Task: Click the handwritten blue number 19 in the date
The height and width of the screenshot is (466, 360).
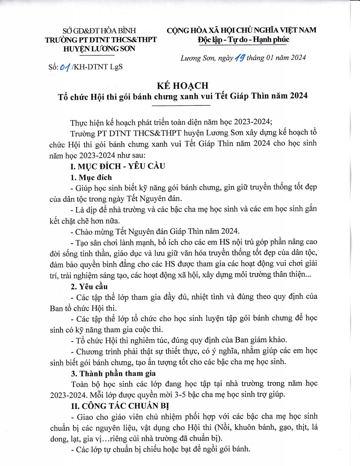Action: point(240,58)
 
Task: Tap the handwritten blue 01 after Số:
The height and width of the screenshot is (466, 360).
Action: point(65,67)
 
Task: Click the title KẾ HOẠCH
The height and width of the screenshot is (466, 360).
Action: point(182,86)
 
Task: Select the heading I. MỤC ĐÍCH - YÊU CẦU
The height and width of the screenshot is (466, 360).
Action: point(118,166)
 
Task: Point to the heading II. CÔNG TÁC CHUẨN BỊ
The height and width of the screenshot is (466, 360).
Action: point(120,406)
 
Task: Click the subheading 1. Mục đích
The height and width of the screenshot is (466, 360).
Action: point(91,177)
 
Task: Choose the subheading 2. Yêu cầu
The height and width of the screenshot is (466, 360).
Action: point(89,287)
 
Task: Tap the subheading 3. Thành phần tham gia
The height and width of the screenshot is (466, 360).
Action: point(113,373)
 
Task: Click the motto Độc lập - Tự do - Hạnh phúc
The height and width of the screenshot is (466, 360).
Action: point(243,40)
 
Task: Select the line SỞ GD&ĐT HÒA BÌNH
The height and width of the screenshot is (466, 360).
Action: point(99,31)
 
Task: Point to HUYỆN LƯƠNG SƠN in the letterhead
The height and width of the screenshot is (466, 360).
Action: point(99,49)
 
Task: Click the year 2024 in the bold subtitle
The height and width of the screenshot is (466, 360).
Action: point(298,96)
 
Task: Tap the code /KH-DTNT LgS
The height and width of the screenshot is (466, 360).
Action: point(97,67)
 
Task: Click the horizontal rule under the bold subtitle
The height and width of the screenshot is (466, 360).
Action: point(181,105)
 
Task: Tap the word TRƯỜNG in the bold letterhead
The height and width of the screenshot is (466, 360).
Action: point(61,40)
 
